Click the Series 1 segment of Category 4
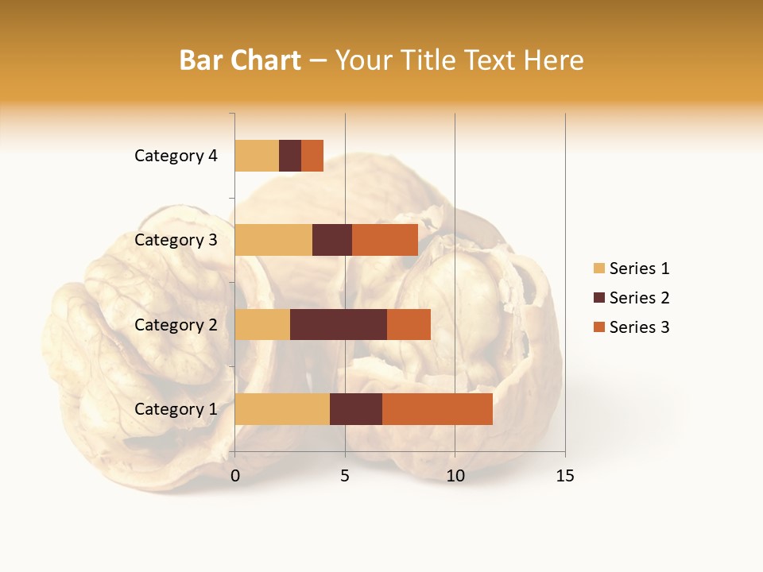(257, 156)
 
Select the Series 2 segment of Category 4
(290, 156)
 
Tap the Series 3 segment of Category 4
(312, 156)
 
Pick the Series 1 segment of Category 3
(273, 240)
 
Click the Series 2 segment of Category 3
(332, 240)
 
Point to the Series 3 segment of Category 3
(385, 240)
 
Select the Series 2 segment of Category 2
(339, 324)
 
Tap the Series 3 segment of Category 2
(409, 324)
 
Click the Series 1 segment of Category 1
(282, 409)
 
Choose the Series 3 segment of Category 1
(437, 409)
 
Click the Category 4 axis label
(176, 156)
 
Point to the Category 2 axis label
(176, 325)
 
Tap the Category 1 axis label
(176, 409)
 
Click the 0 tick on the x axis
(235, 476)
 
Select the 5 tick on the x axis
(345, 476)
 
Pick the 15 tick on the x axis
(565, 476)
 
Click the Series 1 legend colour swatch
(598, 269)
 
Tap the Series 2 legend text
(639, 298)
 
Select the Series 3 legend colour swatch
(598, 327)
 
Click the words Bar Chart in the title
(240, 60)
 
